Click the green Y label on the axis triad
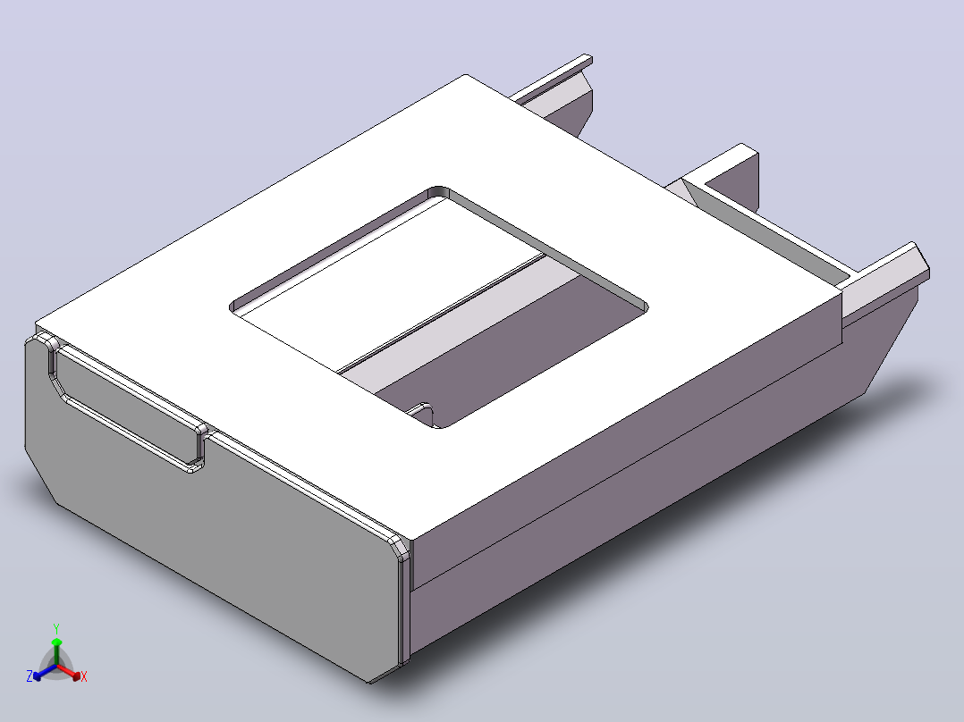(x=56, y=628)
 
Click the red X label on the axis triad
(x=84, y=676)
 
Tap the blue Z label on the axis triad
(x=29, y=676)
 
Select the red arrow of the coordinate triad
(x=68, y=671)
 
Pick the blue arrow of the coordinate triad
(x=45, y=672)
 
